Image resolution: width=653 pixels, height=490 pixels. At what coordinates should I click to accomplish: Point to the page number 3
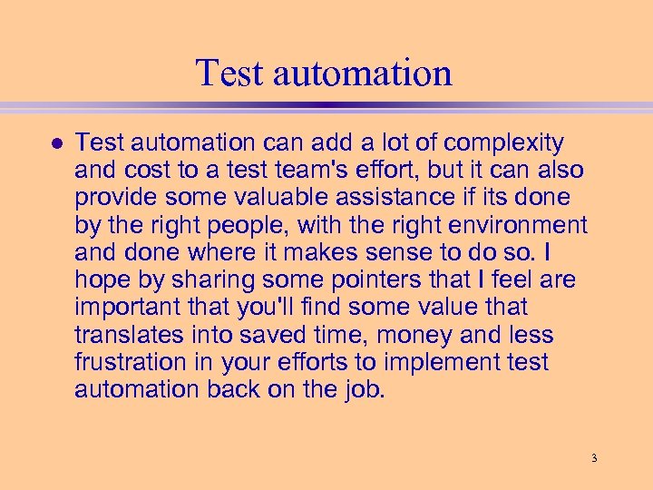(x=594, y=458)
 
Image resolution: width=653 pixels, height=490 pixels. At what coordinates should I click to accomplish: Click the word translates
(x=131, y=335)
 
